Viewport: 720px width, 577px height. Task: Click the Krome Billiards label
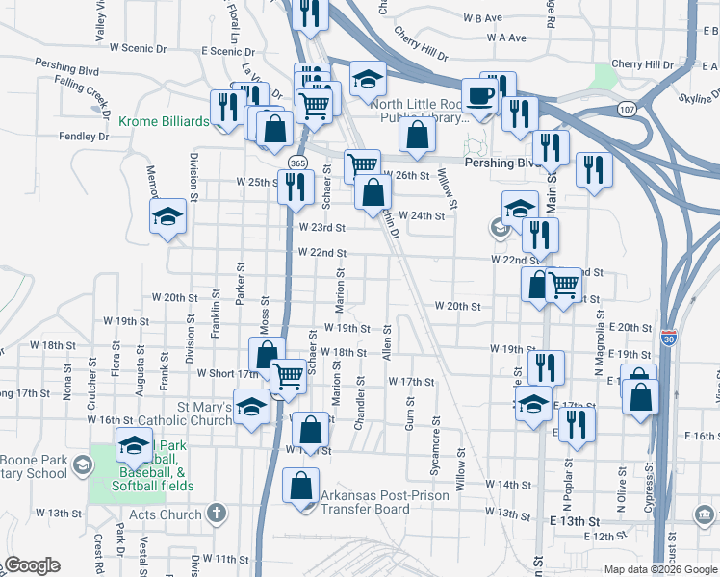coord(164,121)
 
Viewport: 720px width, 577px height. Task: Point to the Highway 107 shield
coord(627,110)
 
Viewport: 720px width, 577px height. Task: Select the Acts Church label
coord(167,514)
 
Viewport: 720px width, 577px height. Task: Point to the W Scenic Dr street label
coord(139,46)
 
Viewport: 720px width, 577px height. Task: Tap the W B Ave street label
coord(482,18)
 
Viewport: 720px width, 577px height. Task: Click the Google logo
coord(32,565)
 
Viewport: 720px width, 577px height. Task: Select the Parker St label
coord(242,281)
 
